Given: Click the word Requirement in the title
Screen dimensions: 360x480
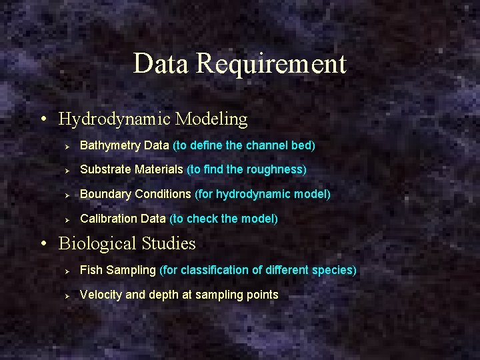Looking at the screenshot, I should (271, 64).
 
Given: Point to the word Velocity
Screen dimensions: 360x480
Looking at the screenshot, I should (101, 295).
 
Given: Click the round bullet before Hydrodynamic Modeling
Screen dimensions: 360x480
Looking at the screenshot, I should (43, 120).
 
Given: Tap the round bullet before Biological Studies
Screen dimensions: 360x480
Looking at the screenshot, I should (43, 245).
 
